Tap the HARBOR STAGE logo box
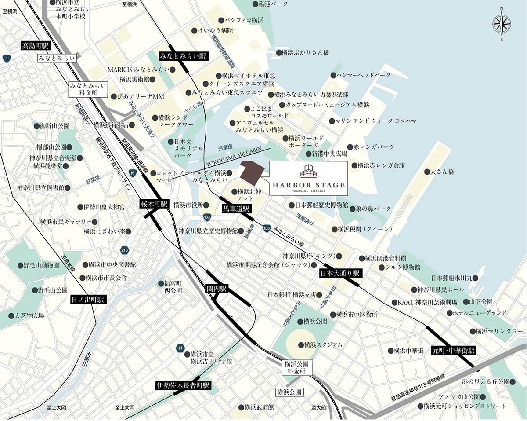pos(308,178)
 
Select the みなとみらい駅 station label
pos(183,56)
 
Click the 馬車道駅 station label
pos(236,209)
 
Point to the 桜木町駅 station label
pos(155,204)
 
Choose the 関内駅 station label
pos(217,289)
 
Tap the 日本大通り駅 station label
pos(339,273)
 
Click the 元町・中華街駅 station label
pos(454,351)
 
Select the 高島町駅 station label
pos(37,45)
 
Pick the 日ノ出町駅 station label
pos(88,300)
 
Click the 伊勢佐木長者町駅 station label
pos(183,385)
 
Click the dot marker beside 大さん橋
pos(426,172)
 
